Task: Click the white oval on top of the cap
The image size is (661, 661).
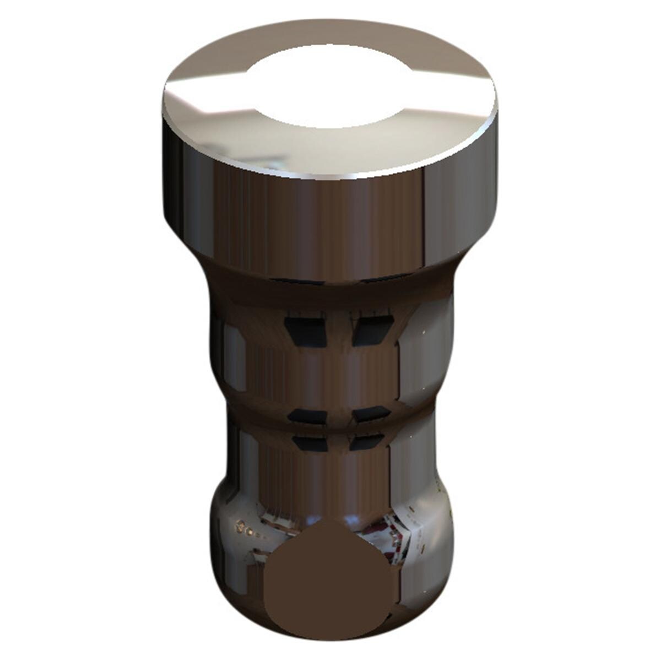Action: (x=331, y=88)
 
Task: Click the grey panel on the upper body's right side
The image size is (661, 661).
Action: (x=435, y=353)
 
